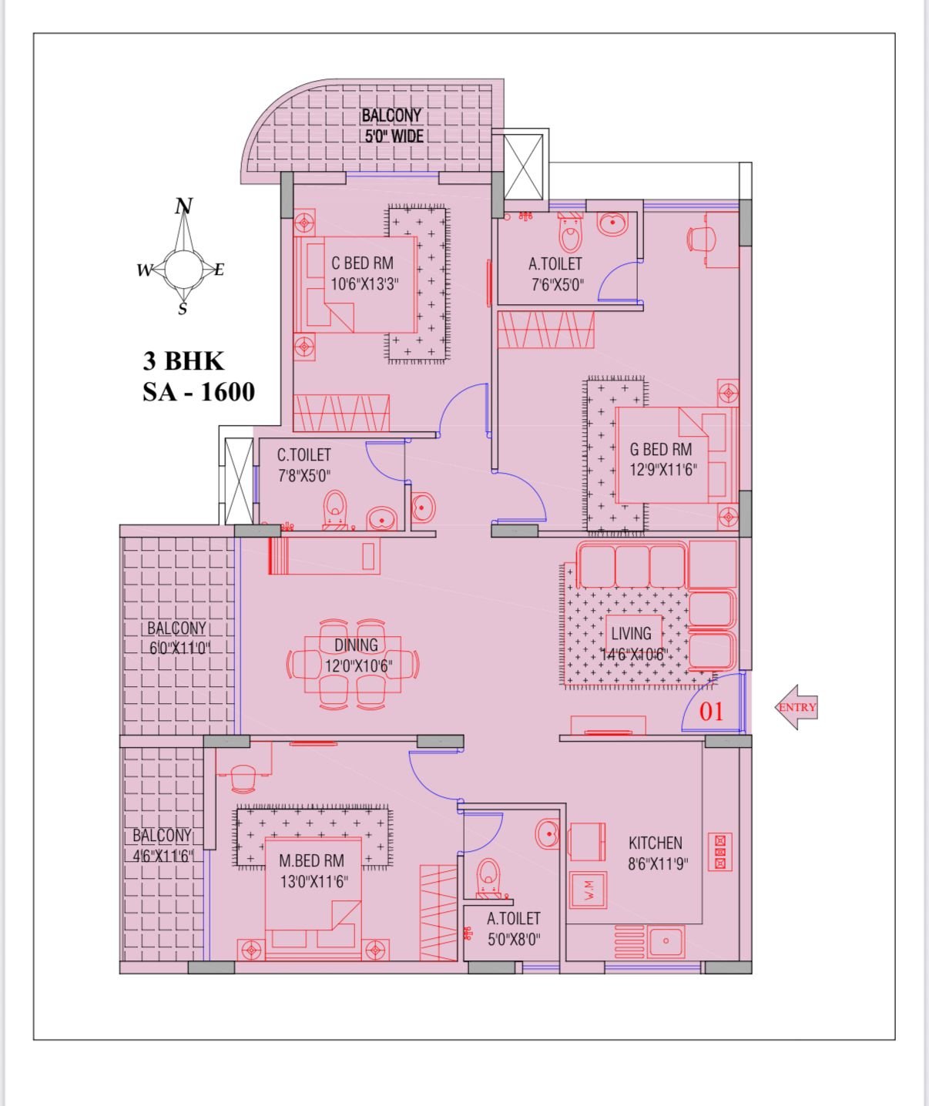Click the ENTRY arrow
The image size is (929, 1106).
pos(796,707)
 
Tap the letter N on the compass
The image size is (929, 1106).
pos(184,206)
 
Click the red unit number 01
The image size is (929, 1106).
pos(711,712)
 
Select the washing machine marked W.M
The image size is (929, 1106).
pos(589,890)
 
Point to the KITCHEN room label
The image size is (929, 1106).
pos(656,843)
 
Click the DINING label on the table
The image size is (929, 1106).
pos(356,645)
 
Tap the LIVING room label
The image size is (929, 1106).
pos(631,634)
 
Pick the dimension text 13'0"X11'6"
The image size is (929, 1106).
pos(314,882)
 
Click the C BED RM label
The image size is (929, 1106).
pos(363,263)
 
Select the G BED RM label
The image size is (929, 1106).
pos(661,450)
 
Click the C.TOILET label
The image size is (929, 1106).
pos(304,455)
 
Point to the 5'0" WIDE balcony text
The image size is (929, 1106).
pos(394,136)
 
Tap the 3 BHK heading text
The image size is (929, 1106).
pos(183,361)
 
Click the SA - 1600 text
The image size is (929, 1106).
pos(199,393)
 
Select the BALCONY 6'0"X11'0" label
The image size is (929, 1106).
pos(177,638)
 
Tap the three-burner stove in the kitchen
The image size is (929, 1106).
pos(720,852)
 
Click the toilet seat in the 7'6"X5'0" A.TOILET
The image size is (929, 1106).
pos(570,234)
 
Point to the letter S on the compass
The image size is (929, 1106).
pos(183,309)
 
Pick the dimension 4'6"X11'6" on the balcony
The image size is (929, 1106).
pos(163,856)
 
